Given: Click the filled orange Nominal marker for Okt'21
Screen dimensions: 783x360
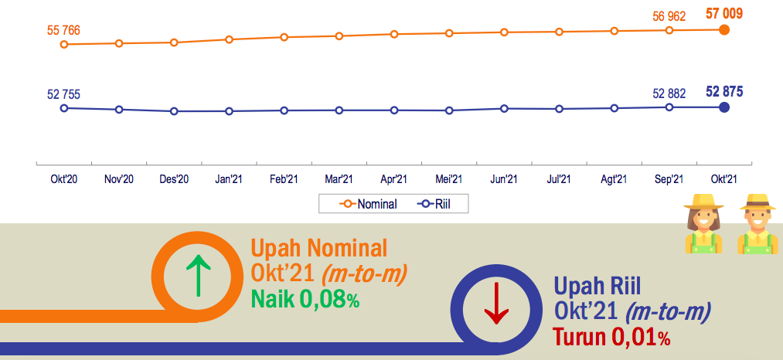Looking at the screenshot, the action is [724, 30].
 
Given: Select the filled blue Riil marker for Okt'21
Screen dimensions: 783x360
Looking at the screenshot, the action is [724, 107].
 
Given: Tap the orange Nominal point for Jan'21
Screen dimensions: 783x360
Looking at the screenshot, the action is [229, 39].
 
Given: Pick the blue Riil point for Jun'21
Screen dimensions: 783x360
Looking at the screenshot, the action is [505, 108].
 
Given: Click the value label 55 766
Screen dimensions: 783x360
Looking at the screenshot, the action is [63, 30].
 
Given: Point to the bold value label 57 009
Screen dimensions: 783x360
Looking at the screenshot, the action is [724, 13].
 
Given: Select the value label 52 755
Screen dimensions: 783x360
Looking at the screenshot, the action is [63, 95].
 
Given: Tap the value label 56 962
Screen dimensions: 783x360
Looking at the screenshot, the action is [669, 16].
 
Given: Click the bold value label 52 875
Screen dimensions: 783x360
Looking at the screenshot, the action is [724, 91].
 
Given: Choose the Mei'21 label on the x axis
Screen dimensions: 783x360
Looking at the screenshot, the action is [449, 179].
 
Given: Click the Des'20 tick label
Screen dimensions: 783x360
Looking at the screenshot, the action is [174, 179].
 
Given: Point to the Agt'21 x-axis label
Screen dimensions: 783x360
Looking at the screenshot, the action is [614, 179].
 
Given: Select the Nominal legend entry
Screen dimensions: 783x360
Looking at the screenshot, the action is [368, 204].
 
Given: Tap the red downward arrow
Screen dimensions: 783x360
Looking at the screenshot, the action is [496, 303].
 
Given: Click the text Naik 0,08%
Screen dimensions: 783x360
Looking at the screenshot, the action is [305, 299].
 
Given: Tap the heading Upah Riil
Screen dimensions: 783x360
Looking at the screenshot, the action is [597, 287].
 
